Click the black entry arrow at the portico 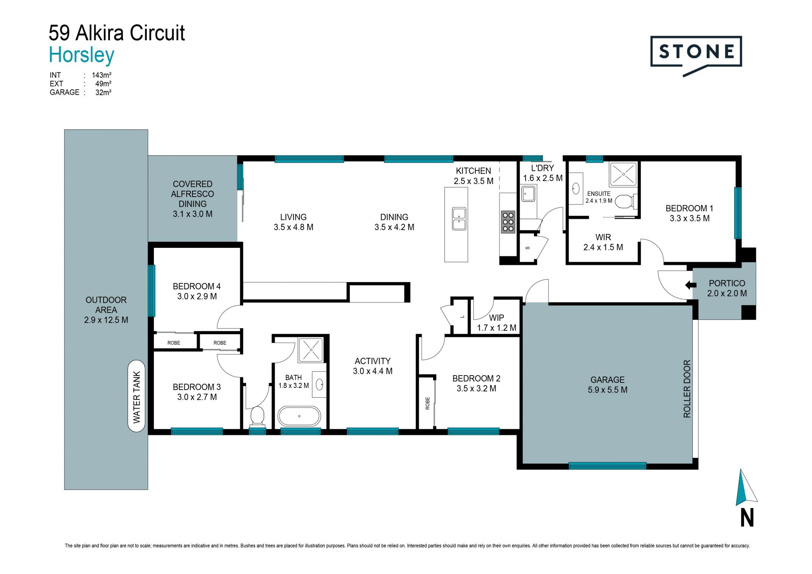691,285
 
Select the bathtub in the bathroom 299,416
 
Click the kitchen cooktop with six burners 508,222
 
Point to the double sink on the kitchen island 459,218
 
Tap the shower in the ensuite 623,174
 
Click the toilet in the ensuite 626,201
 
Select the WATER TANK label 137,397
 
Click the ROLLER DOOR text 687,389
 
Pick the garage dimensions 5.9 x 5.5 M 607,390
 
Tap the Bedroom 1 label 689,208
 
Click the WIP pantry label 497,318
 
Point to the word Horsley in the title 82,55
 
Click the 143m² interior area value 101,75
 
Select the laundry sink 528,195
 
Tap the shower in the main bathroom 311,350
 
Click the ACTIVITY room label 373,361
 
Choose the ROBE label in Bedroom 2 428,403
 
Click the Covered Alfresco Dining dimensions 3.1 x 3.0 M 192,214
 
